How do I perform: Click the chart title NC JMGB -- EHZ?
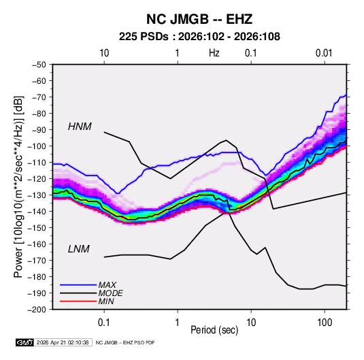(199, 19)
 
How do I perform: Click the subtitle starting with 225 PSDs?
(199, 37)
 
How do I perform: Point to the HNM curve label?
(80, 127)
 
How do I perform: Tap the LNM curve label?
(79, 249)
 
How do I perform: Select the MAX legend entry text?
(107, 284)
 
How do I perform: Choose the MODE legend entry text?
(110, 293)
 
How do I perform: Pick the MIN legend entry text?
(106, 301)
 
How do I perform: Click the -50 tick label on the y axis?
(39, 65)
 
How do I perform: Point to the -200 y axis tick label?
(37, 310)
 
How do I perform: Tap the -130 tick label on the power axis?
(37, 195)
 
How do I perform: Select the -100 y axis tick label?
(37, 146)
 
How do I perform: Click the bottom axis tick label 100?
(325, 323)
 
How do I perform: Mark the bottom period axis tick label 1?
(178, 323)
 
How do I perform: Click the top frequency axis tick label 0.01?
(324, 53)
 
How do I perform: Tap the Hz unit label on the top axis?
(214, 53)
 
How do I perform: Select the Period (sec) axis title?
(214, 330)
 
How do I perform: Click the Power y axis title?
(18, 186)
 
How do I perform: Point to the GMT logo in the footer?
(24, 342)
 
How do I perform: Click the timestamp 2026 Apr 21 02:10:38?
(63, 342)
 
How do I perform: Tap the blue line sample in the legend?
(78, 285)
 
